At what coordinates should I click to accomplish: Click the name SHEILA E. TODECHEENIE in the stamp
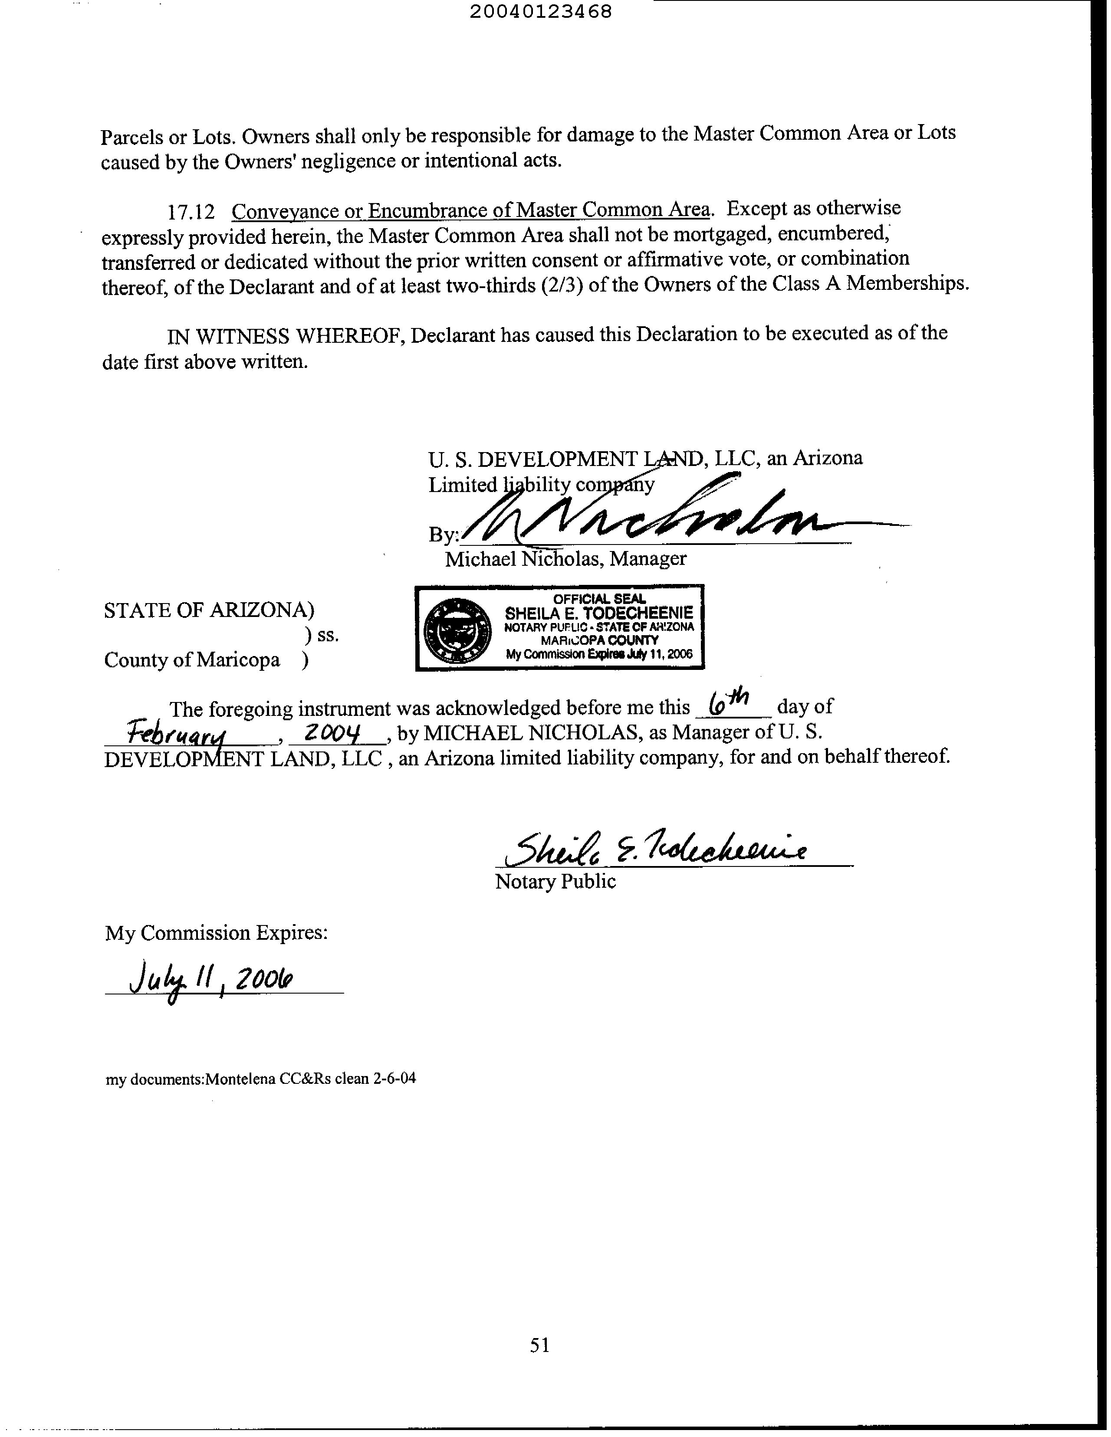pyautogui.click(x=598, y=613)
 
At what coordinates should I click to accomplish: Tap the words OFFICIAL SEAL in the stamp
pyautogui.click(x=599, y=599)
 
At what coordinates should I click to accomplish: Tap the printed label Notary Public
pyautogui.click(x=555, y=882)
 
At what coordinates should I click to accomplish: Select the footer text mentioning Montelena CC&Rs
pyautogui.click(x=261, y=1079)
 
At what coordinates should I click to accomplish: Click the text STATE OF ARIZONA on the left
pyautogui.click(x=204, y=610)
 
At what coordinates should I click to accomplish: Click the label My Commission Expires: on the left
pyautogui.click(x=216, y=933)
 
